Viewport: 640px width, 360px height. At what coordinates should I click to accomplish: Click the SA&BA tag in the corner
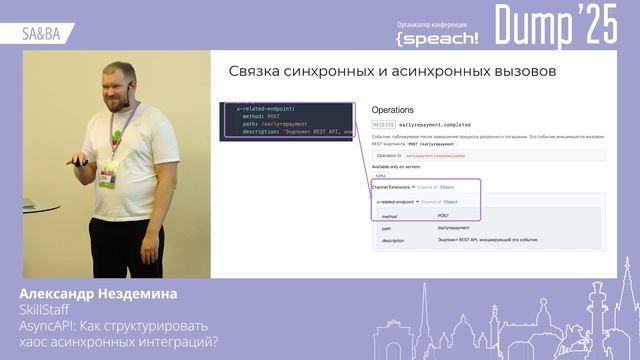click(x=40, y=33)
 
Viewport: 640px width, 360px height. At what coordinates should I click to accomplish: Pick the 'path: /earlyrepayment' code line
click(x=272, y=123)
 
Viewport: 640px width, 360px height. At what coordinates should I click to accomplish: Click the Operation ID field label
click(x=389, y=156)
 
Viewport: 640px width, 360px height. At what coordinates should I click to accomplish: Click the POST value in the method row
click(x=443, y=216)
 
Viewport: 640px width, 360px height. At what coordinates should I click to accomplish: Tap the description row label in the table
click(x=393, y=240)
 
